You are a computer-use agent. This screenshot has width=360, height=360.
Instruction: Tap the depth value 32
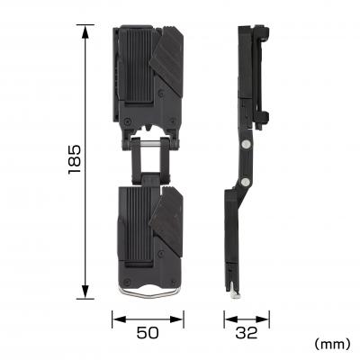coord(246,333)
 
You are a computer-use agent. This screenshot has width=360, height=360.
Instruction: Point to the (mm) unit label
coord(331,344)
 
